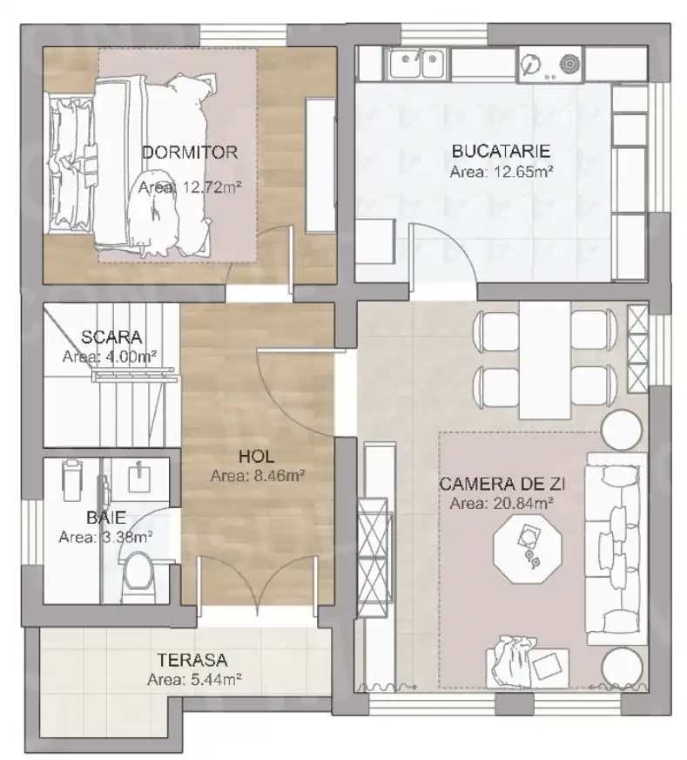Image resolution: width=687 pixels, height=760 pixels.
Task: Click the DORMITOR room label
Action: [x=189, y=153]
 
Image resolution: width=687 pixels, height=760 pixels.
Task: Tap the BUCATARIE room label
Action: [x=501, y=151]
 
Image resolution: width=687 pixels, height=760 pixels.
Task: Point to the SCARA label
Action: [x=111, y=336]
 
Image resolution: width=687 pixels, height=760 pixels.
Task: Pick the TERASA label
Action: [x=192, y=660]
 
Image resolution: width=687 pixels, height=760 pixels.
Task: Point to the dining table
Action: [x=544, y=358]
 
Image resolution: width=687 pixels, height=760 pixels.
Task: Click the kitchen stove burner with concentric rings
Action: [x=569, y=64]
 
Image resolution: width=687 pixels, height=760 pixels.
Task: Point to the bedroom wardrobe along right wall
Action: [x=320, y=166]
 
